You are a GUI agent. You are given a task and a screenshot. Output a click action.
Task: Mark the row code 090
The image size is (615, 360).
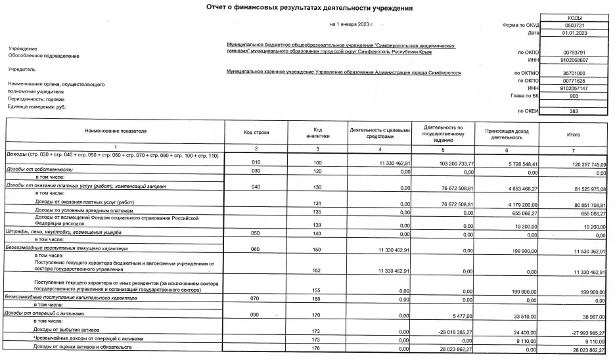(x=252, y=314)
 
